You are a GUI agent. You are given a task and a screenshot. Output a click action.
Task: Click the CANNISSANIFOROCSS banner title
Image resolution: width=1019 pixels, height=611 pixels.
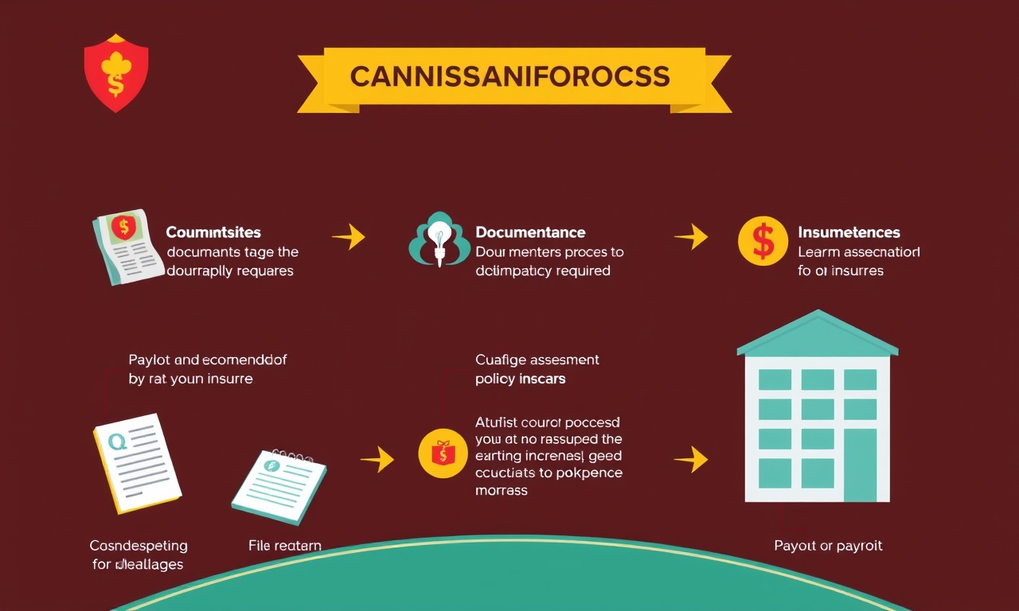pos(509,76)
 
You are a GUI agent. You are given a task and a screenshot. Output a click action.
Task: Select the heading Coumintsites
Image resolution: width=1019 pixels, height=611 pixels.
pos(213,232)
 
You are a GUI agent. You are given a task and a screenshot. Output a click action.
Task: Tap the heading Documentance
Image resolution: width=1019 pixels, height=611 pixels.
pos(530,232)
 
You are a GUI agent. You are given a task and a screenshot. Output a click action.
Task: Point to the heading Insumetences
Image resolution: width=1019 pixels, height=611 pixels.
pos(849,232)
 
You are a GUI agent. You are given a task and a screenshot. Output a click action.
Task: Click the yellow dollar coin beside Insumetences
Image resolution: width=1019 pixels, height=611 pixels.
pos(763,241)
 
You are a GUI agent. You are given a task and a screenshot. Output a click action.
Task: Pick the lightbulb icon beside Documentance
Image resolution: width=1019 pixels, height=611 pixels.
pos(435,239)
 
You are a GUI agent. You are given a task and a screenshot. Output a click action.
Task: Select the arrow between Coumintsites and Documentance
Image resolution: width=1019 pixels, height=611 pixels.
pos(348,236)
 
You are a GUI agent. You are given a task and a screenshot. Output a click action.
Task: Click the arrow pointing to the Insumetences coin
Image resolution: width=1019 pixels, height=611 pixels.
pos(690,236)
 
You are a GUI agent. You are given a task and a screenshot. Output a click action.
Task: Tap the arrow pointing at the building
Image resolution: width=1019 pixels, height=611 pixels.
pos(690,459)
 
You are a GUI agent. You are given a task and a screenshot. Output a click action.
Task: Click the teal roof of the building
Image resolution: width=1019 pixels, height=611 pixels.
pos(817,334)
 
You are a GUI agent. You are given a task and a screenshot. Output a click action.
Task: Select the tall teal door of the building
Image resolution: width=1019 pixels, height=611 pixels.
pos(860,465)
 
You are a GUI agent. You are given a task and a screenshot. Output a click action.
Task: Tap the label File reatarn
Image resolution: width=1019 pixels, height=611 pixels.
pos(285,546)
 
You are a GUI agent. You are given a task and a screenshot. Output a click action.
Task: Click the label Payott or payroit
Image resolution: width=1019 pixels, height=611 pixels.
pos(828,546)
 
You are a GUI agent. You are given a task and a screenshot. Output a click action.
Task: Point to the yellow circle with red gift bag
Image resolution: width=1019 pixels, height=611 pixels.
pos(442,454)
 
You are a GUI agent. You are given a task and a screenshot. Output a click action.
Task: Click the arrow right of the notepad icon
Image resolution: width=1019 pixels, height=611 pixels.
pos(377,458)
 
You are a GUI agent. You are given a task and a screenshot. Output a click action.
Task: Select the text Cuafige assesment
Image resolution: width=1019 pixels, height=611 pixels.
pos(537,360)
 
